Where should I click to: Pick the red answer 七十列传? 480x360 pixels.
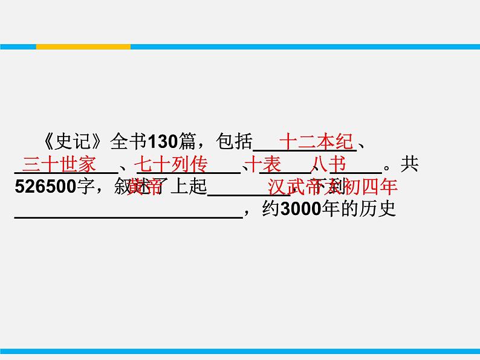click(170, 164)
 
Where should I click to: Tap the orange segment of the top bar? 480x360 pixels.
click(83, 47)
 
